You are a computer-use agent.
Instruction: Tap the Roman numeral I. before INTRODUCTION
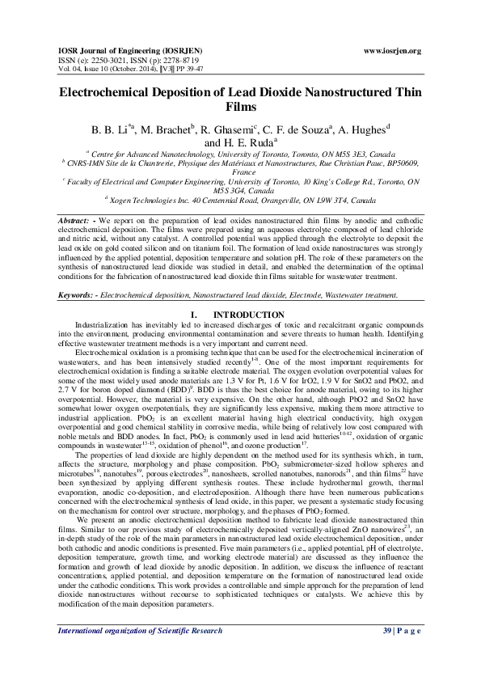(x=192, y=314)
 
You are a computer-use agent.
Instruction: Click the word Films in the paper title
(x=240, y=106)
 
